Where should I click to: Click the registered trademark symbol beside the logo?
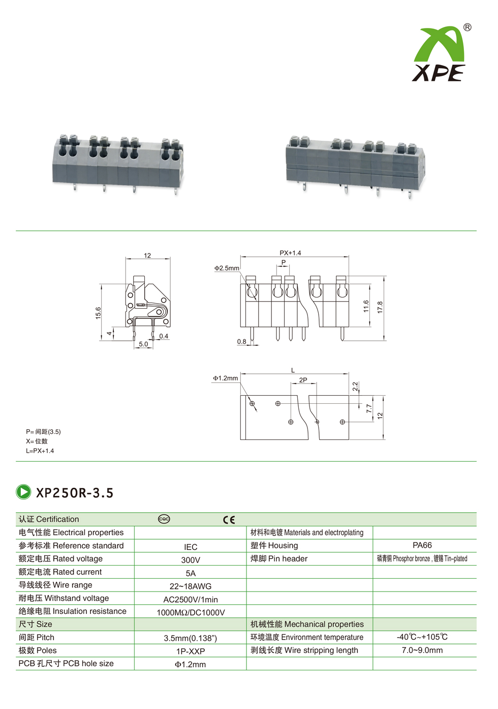[x=467, y=27]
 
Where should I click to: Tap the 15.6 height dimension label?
[x=99, y=313]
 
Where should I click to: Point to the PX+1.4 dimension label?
[x=290, y=253]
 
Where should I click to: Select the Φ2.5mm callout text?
[x=227, y=268]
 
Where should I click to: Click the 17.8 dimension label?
[x=380, y=307]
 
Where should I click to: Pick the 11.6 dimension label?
[x=366, y=306]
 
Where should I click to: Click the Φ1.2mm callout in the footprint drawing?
[x=225, y=378]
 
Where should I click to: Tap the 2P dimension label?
[x=303, y=380]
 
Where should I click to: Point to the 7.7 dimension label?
[x=369, y=408]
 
